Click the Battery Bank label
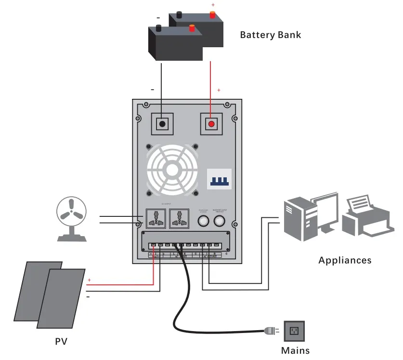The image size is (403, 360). (270, 35)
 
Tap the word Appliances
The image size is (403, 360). (345, 260)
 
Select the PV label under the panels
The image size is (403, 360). (61, 342)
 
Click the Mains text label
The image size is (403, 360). (295, 350)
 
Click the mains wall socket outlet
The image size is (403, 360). (294, 331)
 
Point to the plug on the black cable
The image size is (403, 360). (270, 331)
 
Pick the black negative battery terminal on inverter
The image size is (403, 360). (163, 124)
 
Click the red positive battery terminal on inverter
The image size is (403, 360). (211, 124)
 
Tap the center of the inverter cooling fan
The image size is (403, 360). (172, 169)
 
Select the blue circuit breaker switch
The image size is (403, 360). (219, 179)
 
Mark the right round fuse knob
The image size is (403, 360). (220, 221)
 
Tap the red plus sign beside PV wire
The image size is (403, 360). (89, 280)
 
